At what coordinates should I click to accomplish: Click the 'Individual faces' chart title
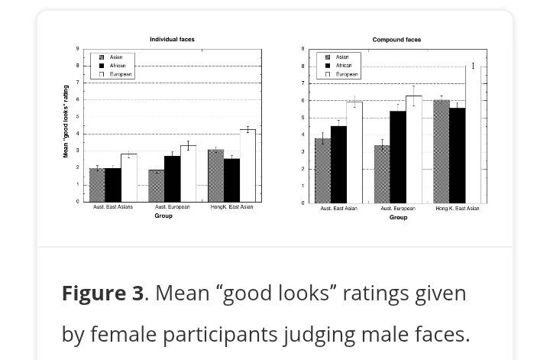coord(172,39)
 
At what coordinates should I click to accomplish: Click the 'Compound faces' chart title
coord(396,40)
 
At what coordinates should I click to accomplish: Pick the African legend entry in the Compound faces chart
coord(341,66)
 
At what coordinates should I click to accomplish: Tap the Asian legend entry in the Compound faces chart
coord(341,57)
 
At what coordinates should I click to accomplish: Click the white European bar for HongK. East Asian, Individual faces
coord(247,165)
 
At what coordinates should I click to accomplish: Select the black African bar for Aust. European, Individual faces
coord(172,178)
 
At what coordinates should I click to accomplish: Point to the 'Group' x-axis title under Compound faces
coord(398,218)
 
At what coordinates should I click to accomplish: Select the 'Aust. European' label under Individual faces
coord(173,208)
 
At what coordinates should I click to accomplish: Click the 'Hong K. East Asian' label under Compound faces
coord(457,209)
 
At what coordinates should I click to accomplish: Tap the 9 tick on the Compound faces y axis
coord(304,50)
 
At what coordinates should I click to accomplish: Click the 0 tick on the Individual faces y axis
coord(77,202)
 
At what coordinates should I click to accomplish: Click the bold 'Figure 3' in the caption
coord(102,294)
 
